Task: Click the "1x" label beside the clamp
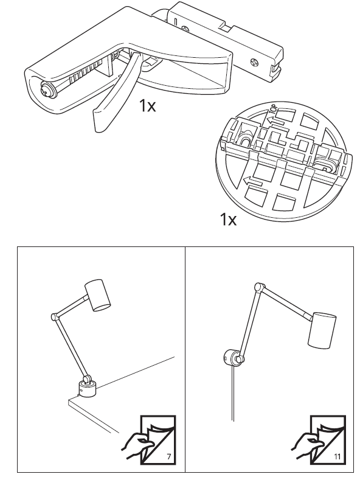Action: tap(147, 106)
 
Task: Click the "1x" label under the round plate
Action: tap(228, 218)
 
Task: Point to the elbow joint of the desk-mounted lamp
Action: tap(53, 316)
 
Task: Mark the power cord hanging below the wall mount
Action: tap(231, 395)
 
